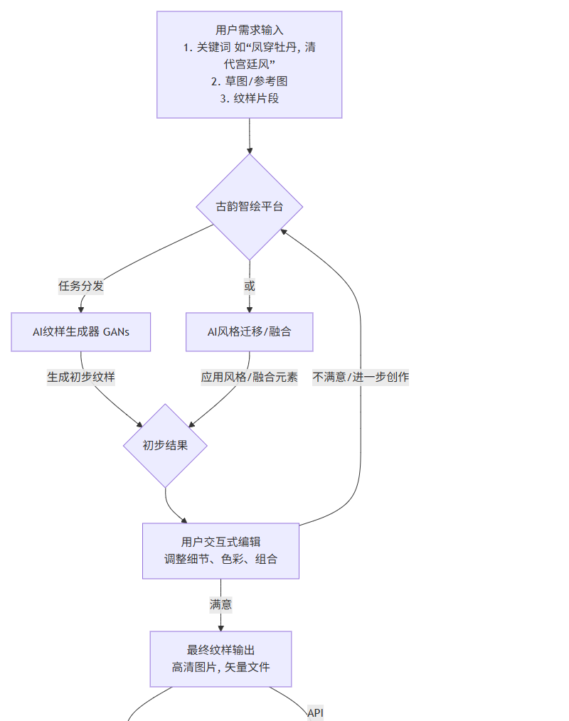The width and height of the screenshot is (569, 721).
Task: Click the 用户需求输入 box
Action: point(249,64)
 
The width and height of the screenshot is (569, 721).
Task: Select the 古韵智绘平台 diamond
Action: point(249,207)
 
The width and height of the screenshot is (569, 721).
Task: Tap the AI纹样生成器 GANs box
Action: point(81,331)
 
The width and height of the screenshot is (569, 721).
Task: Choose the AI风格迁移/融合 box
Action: point(249,331)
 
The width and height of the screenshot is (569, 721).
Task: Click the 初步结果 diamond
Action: point(165,446)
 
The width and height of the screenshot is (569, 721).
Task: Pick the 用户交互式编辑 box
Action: point(220,551)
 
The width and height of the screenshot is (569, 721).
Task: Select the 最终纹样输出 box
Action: point(220,658)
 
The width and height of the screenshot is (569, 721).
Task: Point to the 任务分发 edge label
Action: point(81,286)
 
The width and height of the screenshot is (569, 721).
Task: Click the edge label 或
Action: point(249,286)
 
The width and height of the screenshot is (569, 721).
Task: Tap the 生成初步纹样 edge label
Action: point(81,377)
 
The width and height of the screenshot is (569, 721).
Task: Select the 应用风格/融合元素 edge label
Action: point(249,377)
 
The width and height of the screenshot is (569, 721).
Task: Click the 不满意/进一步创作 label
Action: point(361,377)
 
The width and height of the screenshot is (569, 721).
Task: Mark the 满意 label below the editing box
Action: point(220,605)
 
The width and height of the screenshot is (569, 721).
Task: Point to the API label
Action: point(316,712)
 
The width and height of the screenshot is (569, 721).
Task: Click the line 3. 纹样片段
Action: point(249,98)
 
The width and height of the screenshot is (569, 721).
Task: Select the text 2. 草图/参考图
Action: point(249,81)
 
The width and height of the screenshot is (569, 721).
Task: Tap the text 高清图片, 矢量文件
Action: point(220,667)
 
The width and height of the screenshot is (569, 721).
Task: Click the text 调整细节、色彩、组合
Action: point(220,560)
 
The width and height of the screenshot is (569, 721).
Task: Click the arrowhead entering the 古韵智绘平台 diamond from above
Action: point(249,150)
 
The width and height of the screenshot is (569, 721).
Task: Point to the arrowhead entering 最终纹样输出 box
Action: point(220,627)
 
